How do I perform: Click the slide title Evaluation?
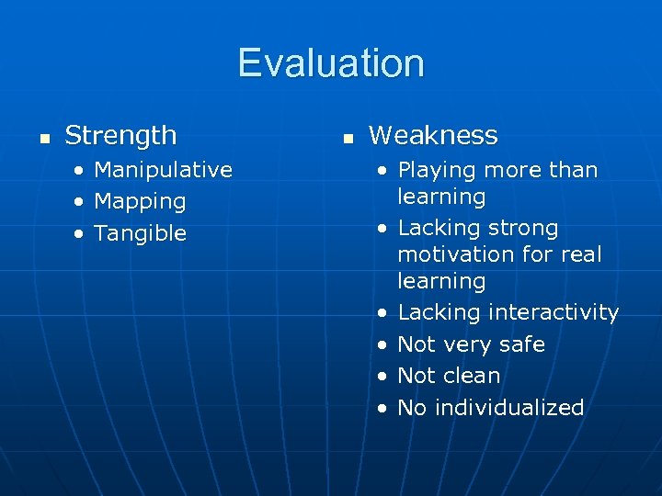point(331,63)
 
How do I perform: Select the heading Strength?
point(120,136)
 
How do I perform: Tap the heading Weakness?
point(433,136)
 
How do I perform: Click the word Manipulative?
point(163,170)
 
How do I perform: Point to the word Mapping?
point(140,201)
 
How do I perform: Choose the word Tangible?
point(140,233)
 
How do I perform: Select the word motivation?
point(452,254)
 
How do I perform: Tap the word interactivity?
point(554,312)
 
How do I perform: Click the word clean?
point(471,376)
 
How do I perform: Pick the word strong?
point(525,228)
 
